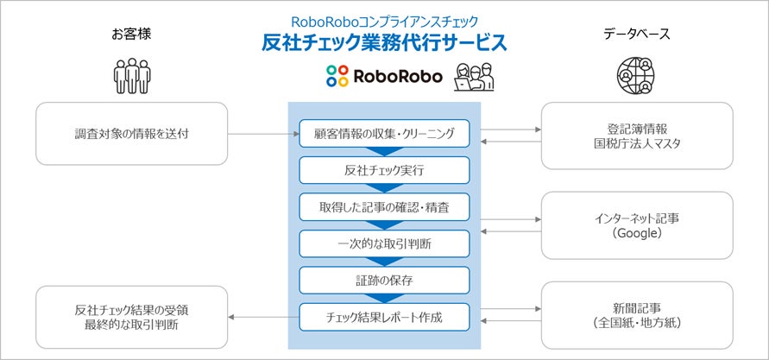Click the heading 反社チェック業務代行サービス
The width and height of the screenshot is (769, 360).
[x=384, y=42]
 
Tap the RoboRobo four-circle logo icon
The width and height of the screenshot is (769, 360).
[x=336, y=76]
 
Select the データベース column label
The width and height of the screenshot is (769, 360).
[x=637, y=35]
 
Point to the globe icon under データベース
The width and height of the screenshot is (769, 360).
[x=636, y=76]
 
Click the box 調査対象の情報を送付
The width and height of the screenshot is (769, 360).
[x=132, y=134]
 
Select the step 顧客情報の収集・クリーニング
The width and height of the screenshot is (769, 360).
[x=384, y=134]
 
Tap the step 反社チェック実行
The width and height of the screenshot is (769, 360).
[x=384, y=171]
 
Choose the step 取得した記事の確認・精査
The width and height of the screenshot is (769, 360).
[x=384, y=207]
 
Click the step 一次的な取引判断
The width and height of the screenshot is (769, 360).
[x=384, y=243]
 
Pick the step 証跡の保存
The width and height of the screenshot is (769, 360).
[x=384, y=281]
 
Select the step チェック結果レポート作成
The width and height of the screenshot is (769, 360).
[x=384, y=317]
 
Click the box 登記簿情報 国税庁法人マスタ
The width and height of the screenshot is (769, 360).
[x=637, y=135]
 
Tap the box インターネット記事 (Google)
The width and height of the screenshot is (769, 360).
[x=637, y=225]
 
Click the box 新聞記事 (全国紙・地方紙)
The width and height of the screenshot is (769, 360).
[x=637, y=316]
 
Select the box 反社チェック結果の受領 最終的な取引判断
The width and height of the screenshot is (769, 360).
[x=132, y=317]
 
